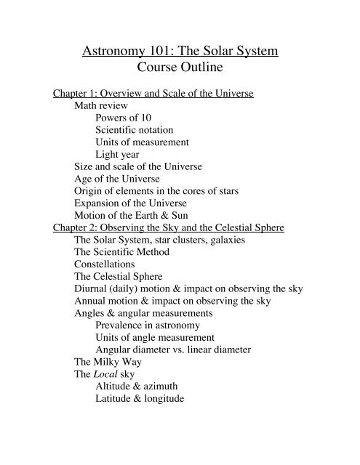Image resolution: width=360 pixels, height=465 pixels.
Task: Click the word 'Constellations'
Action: (108, 264)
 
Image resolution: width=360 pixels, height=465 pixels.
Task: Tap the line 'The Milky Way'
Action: (108, 361)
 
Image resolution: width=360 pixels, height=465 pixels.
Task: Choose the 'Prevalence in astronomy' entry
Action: (153, 326)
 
